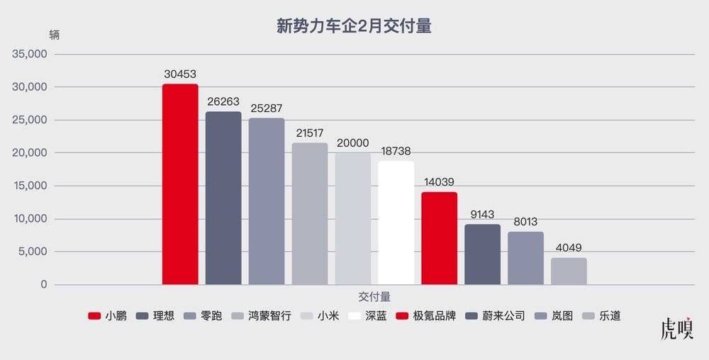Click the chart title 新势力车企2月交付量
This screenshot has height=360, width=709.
tap(354, 27)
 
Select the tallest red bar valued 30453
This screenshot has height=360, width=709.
tap(180, 184)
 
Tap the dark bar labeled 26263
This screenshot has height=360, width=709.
tap(223, 198)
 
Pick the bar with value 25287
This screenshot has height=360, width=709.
tap(267, 201)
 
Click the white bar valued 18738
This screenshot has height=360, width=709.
tap(396, 223)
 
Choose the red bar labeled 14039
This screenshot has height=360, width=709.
tap(440, 238)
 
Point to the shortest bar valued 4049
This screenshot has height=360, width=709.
tap(569, 271)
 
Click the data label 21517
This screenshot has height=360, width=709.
tap(310, 133)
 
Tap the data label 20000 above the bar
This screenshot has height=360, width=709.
tap(352, 142)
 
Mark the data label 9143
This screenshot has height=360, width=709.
tap(482, 214)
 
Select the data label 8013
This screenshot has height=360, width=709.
tap(525, 221)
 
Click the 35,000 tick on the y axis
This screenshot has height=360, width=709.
tap(30, 55)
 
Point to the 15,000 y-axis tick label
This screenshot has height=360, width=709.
tap(30, 186)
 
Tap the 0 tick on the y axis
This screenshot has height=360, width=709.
tap(44, 285)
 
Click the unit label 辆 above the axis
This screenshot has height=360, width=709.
tap(55, 34)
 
